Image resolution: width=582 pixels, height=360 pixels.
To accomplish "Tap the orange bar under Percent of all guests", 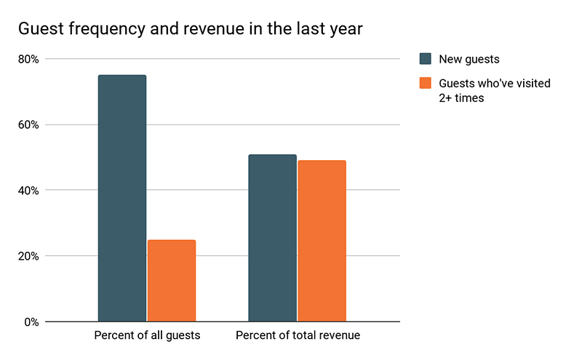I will [172, 281].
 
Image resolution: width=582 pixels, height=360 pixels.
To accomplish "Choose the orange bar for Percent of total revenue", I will [322, 241].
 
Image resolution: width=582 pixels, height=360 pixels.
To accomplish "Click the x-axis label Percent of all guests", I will [147, 336].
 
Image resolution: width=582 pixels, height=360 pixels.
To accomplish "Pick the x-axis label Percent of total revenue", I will [298, 336].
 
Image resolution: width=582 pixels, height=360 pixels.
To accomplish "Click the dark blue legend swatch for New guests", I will [426, 59].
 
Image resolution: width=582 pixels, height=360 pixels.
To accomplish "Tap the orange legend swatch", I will [426, 84].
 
